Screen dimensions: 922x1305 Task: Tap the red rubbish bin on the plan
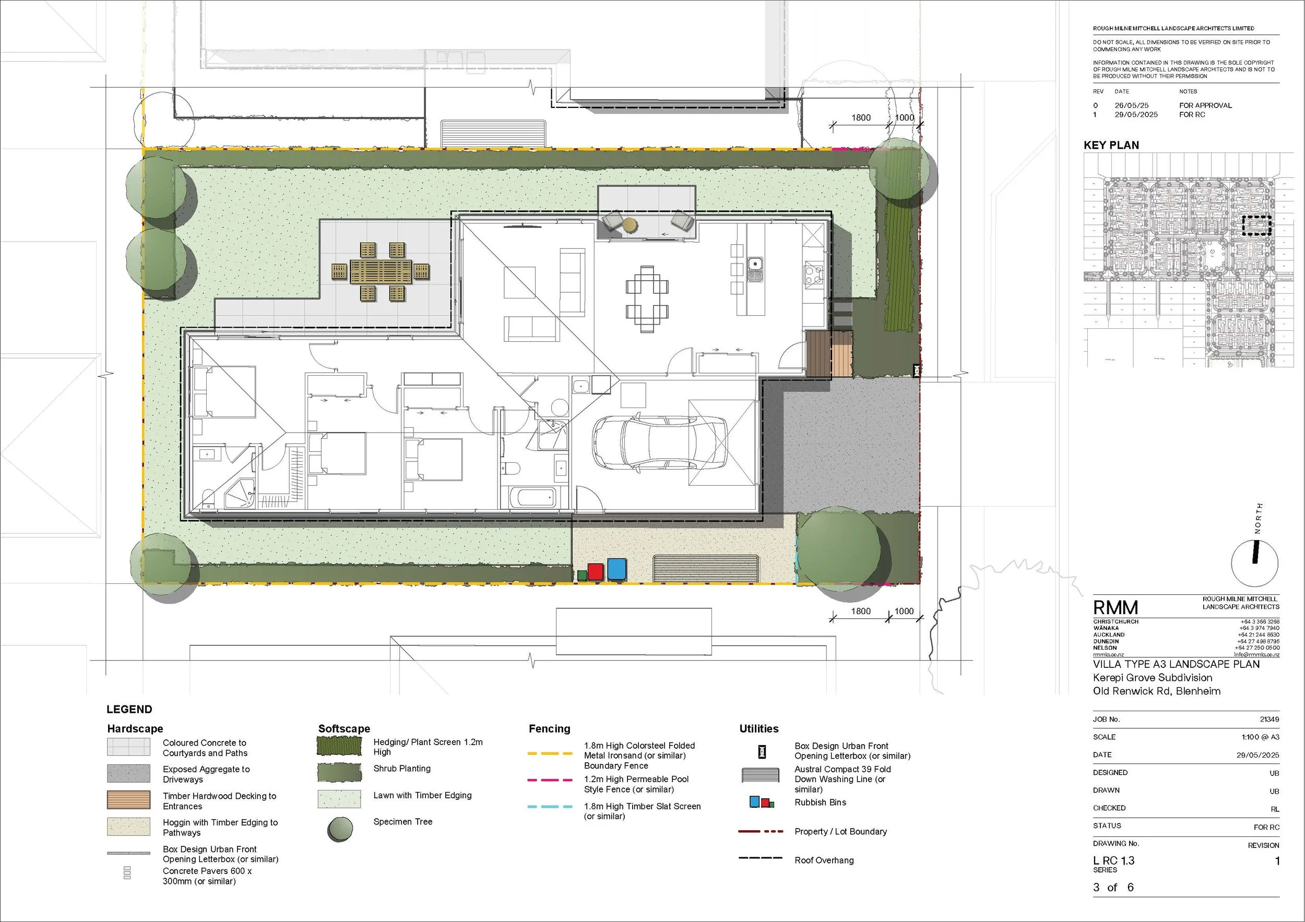[x=595, y=571]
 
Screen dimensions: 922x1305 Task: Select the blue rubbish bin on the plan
[x=616, y=569]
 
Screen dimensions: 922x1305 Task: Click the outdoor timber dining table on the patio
[x=380, y=272]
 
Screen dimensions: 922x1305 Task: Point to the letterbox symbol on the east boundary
[x=916, y=370]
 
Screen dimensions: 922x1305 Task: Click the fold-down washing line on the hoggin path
[x=705, y=568]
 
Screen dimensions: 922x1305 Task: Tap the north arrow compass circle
[x=1254, y=563]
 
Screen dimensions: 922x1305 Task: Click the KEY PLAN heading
[x=1111, y=146]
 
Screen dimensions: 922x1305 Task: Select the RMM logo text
[x=1115, y=608]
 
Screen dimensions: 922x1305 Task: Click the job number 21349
[x=1269, y=719]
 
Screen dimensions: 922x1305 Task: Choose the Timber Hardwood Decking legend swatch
[x=128, y=800]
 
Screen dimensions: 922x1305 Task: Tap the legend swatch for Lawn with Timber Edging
[x=339, y=799]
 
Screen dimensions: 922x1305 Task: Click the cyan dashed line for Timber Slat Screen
[x=550, y=807]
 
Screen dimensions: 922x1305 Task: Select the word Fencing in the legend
[x=549, y=729]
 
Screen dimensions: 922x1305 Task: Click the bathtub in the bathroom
[x=532, y=498]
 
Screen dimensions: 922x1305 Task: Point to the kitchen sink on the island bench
[x=755, y=264]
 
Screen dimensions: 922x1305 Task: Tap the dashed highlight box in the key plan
[x=1256, y=225]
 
